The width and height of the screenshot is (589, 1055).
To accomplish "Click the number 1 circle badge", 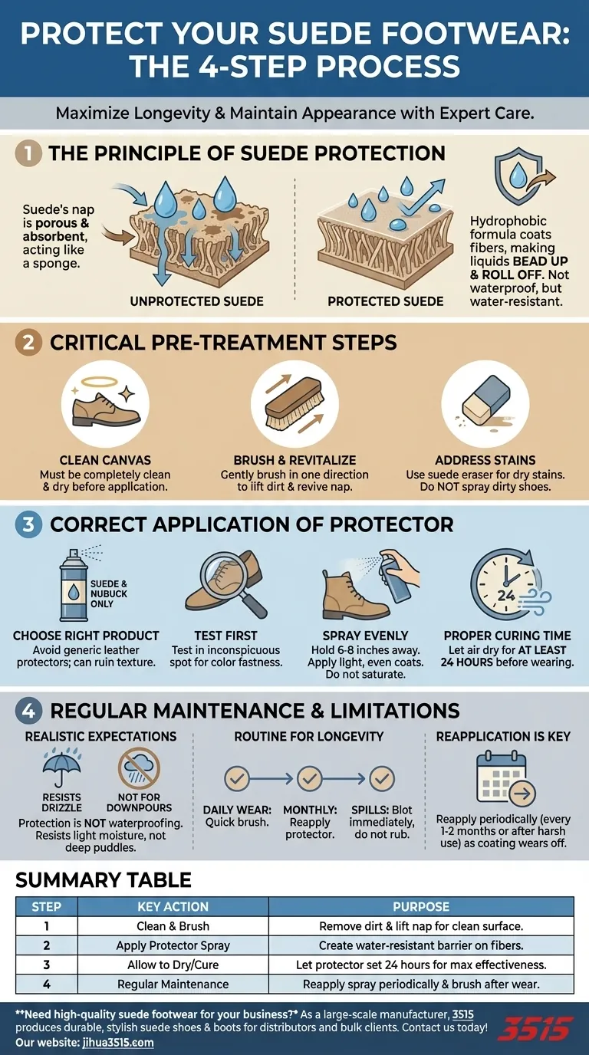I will pyautogui.click(x=28, y=153).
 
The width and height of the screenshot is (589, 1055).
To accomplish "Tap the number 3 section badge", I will pyautogui.click(x=28, y=524).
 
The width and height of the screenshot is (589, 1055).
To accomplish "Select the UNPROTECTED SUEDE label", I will pyautogui.click(x=196, y=301).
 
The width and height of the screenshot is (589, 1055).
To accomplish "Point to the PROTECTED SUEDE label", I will pyautogui.click(x=386, y=301).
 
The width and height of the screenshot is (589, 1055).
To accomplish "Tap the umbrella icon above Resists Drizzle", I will pyautogui.click(x=62, y=769).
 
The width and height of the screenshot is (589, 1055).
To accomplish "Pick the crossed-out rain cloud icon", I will pyautogui.click(x=138, y=769).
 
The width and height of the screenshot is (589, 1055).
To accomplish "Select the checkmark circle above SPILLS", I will pyautogui.click(x=382, y=779).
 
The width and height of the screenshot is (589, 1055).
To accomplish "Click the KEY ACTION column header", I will pyautogui.click(x=173, y=906).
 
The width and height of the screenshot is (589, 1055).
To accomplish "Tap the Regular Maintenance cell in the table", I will pyautogui.click(x=173, y=984).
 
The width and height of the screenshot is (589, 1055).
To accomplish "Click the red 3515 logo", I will pyautogui.click(x=534, y=1028).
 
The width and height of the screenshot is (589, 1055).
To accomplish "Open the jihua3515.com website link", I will pyautogui.click(x=110, y=1043).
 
